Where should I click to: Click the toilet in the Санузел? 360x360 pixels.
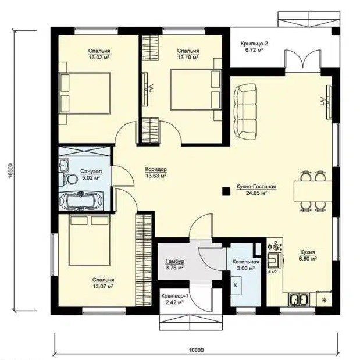(x=69, y=179)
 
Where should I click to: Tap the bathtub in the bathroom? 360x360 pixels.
(x=81, y=201)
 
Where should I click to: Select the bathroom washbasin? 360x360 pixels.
(x=64, y=165)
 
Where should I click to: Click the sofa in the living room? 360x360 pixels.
(x=245, y=112)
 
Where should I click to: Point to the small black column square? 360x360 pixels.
(x=226, y=191)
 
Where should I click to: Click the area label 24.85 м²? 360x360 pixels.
(x=256, y=193)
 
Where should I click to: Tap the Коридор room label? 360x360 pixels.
(x=156, y=170)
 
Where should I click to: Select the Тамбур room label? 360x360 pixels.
(x=175, y=261)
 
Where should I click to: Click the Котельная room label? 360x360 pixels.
(x=245, y=262)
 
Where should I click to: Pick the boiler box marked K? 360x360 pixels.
(x=236, y=286)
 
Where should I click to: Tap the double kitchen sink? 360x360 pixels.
(x=299, y=300)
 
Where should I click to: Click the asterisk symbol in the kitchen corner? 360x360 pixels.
(x=325, y=300)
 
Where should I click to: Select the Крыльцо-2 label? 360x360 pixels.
(x=254, y=44)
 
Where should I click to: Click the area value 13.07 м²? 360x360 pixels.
(x=103, y=286)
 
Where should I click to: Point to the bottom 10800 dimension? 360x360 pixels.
(x=197, y=350)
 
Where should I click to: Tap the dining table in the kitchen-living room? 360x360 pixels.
(x=313, y=191)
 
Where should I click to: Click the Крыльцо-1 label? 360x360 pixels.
(x=174, y=296)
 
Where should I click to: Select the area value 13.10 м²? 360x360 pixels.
(x=188, y=57)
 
